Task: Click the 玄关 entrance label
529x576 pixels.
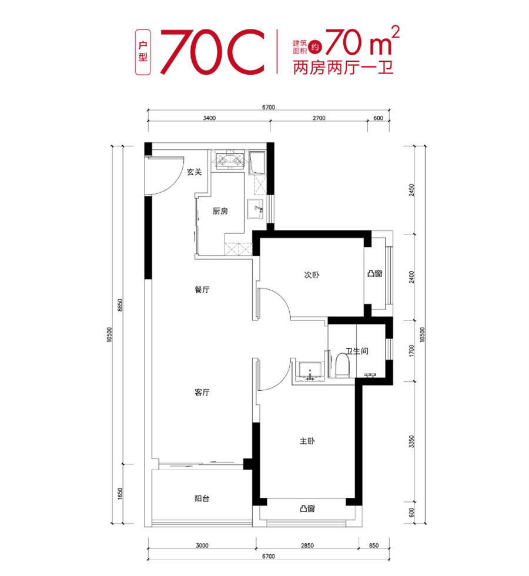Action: [194, 172]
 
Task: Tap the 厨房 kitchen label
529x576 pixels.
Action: [220, 211]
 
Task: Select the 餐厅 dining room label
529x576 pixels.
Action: [202, 289]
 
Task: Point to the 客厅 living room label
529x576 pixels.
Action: [202, 393]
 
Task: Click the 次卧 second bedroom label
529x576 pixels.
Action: [312, 275]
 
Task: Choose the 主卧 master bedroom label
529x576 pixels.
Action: [307, 441]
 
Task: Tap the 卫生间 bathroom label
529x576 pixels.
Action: [357, 351]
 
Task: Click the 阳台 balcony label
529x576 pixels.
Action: [202, 498]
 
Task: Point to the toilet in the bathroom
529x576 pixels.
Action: [342, 365]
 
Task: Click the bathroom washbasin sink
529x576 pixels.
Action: [310, 371]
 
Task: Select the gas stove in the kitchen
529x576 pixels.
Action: [230, 160]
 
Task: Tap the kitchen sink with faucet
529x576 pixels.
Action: [255, 209]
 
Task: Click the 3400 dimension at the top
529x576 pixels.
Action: [209, 118]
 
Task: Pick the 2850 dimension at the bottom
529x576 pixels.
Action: [307, 545]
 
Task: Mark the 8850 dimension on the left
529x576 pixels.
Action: [119, 305]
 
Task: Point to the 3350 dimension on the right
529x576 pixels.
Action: [411, 441]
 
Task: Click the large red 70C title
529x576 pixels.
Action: [212, 52]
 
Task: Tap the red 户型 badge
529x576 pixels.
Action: [143, 52]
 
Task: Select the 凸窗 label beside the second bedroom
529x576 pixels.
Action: [375, 273]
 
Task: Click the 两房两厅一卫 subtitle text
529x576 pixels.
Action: [343, 68]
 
